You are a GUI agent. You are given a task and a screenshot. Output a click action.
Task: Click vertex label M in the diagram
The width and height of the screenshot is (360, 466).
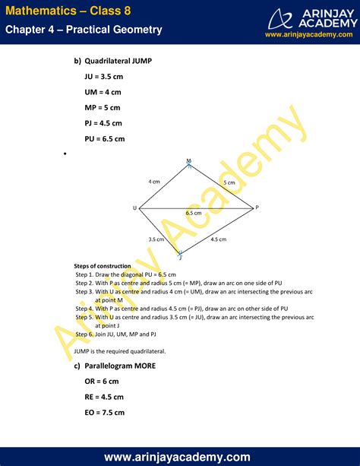click(189, 160)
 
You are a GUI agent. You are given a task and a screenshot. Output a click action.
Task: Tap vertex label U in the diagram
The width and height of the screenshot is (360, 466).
click(134, 208)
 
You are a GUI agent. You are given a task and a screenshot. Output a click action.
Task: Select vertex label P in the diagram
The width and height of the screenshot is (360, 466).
click(257, 208)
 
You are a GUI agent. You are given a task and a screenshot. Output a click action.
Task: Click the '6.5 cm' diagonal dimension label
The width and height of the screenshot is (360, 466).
click(194, 214)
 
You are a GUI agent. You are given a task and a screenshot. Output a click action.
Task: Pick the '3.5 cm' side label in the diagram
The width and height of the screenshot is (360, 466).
click(156, 239)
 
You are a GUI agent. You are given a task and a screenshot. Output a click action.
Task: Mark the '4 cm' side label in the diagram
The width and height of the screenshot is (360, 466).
click(154, 182)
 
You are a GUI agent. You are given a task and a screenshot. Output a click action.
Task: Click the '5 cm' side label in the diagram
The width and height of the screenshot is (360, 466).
click(229, 183)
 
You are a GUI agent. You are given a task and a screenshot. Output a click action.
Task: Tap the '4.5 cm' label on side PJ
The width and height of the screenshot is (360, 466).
click(219, 239)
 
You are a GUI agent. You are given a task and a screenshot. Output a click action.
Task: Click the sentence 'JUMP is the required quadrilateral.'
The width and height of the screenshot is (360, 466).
click(120, 350)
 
